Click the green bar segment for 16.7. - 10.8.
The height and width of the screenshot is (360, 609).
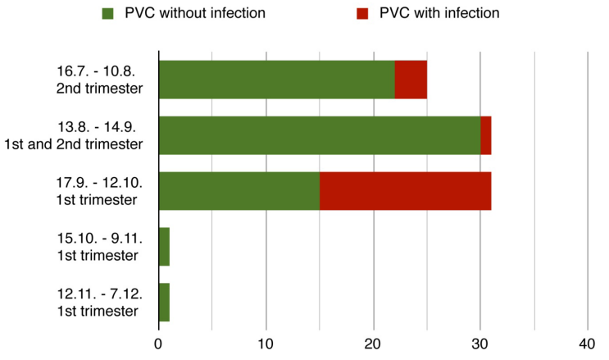point(276,80)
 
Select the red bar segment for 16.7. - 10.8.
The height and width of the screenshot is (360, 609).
point(411,80)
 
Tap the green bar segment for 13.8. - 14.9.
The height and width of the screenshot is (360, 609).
point(320,135)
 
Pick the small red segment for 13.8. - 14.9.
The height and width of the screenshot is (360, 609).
point(486,135)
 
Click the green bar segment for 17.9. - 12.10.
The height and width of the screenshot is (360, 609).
point(239,191)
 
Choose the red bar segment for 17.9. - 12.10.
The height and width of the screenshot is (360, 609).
point(405,191)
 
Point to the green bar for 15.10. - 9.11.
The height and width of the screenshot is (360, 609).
point(164,247)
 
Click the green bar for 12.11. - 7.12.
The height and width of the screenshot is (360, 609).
point(164,303)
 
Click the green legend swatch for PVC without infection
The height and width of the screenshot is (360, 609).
point(108,13)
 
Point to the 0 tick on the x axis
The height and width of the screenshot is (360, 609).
point(158,343)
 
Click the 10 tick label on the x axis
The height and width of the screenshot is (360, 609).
point(266,343)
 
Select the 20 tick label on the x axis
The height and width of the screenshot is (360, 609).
point(373,343)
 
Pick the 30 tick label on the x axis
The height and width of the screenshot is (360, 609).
point(480,343)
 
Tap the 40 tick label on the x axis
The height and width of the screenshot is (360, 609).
point(588,343)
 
